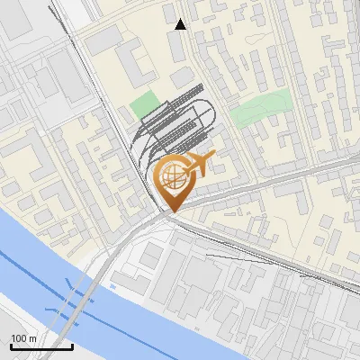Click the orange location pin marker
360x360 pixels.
click(173, 181)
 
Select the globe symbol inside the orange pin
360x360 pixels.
click(171, 174)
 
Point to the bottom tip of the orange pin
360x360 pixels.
click(172, 212)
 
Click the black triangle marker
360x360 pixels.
click(181, 24)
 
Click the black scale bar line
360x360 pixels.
click(41, 346)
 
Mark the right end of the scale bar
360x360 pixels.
click(72, 346)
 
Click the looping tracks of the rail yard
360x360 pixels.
click(180, 121)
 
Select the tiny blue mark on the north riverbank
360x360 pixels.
click(113, 286)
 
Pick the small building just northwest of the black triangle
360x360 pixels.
click(170, 12)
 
